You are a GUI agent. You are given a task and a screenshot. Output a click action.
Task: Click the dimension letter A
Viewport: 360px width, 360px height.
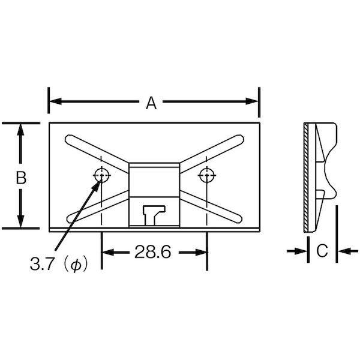151,103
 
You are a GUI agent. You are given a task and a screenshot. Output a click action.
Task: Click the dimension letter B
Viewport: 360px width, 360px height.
21,178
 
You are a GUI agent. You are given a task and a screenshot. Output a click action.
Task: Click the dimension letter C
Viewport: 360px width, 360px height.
322,250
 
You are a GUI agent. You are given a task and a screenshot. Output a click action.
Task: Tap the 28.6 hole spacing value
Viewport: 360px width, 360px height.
152,252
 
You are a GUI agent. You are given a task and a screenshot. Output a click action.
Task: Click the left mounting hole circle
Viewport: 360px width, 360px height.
102,175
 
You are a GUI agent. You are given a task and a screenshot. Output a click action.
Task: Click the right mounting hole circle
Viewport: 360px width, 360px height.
207,175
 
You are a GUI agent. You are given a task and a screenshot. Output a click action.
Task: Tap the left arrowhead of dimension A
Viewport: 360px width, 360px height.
56,101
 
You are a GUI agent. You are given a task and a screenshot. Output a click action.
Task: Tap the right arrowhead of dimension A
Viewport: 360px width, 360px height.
252,101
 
